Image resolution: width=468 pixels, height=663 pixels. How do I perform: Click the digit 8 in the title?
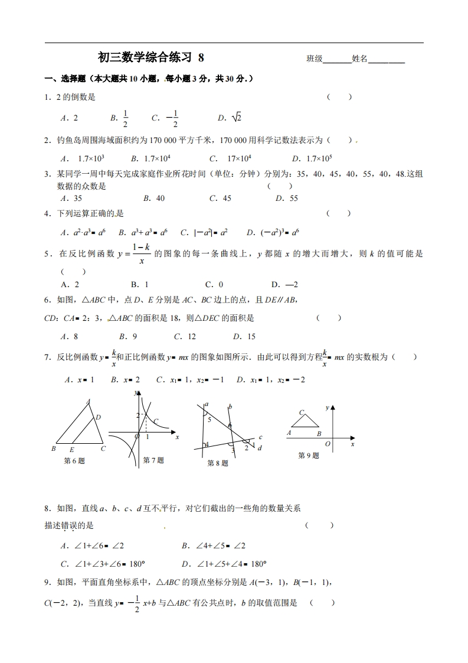pyautogui.click(x=201, y=57)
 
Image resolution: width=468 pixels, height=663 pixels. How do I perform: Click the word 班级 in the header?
pyautogui.click(x=315, y=58)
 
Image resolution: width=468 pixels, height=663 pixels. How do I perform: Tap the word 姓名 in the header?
pyautogui.click(x=359, y=58)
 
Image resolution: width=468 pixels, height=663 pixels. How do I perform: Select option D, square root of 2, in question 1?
pyautogui.click(x=230, y=118)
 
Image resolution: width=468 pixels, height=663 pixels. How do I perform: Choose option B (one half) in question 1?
pyautogui.click(x=120, y=118)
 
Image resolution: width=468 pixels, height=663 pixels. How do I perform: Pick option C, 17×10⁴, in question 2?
pyautogui.click(x=231, y=158)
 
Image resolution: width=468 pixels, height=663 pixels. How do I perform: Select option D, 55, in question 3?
pyautogui.click(x=287, y=199)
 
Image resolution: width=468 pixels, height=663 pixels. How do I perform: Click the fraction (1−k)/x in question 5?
pyautogui.click(x=139, y=253)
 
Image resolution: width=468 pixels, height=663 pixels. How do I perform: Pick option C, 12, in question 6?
pyautogui.click(x=184, y=336)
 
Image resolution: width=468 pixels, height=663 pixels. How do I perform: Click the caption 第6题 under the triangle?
pyautogui.click(x=74, y=461)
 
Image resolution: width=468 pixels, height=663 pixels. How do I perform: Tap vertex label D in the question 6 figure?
pyautogui.click(x=98, y=417)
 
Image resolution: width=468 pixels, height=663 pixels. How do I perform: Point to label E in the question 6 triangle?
pyautogui.click(x=72, y=448)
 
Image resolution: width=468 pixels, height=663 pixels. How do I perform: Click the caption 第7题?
pyautogui.click(x=153, y=460)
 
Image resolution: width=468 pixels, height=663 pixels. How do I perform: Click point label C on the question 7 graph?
pyautogui.click(x=156, y=421)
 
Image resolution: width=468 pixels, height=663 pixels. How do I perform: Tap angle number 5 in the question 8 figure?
pyautogui.click(x=208, y=419)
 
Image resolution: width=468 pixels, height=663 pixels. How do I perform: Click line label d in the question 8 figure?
pyautogui.click(x=260, y=448)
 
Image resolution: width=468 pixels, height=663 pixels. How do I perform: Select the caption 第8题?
pyautogui.click(x=217, y=463)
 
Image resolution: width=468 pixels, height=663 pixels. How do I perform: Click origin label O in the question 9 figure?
pyautogui.click(x=328, y=443)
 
